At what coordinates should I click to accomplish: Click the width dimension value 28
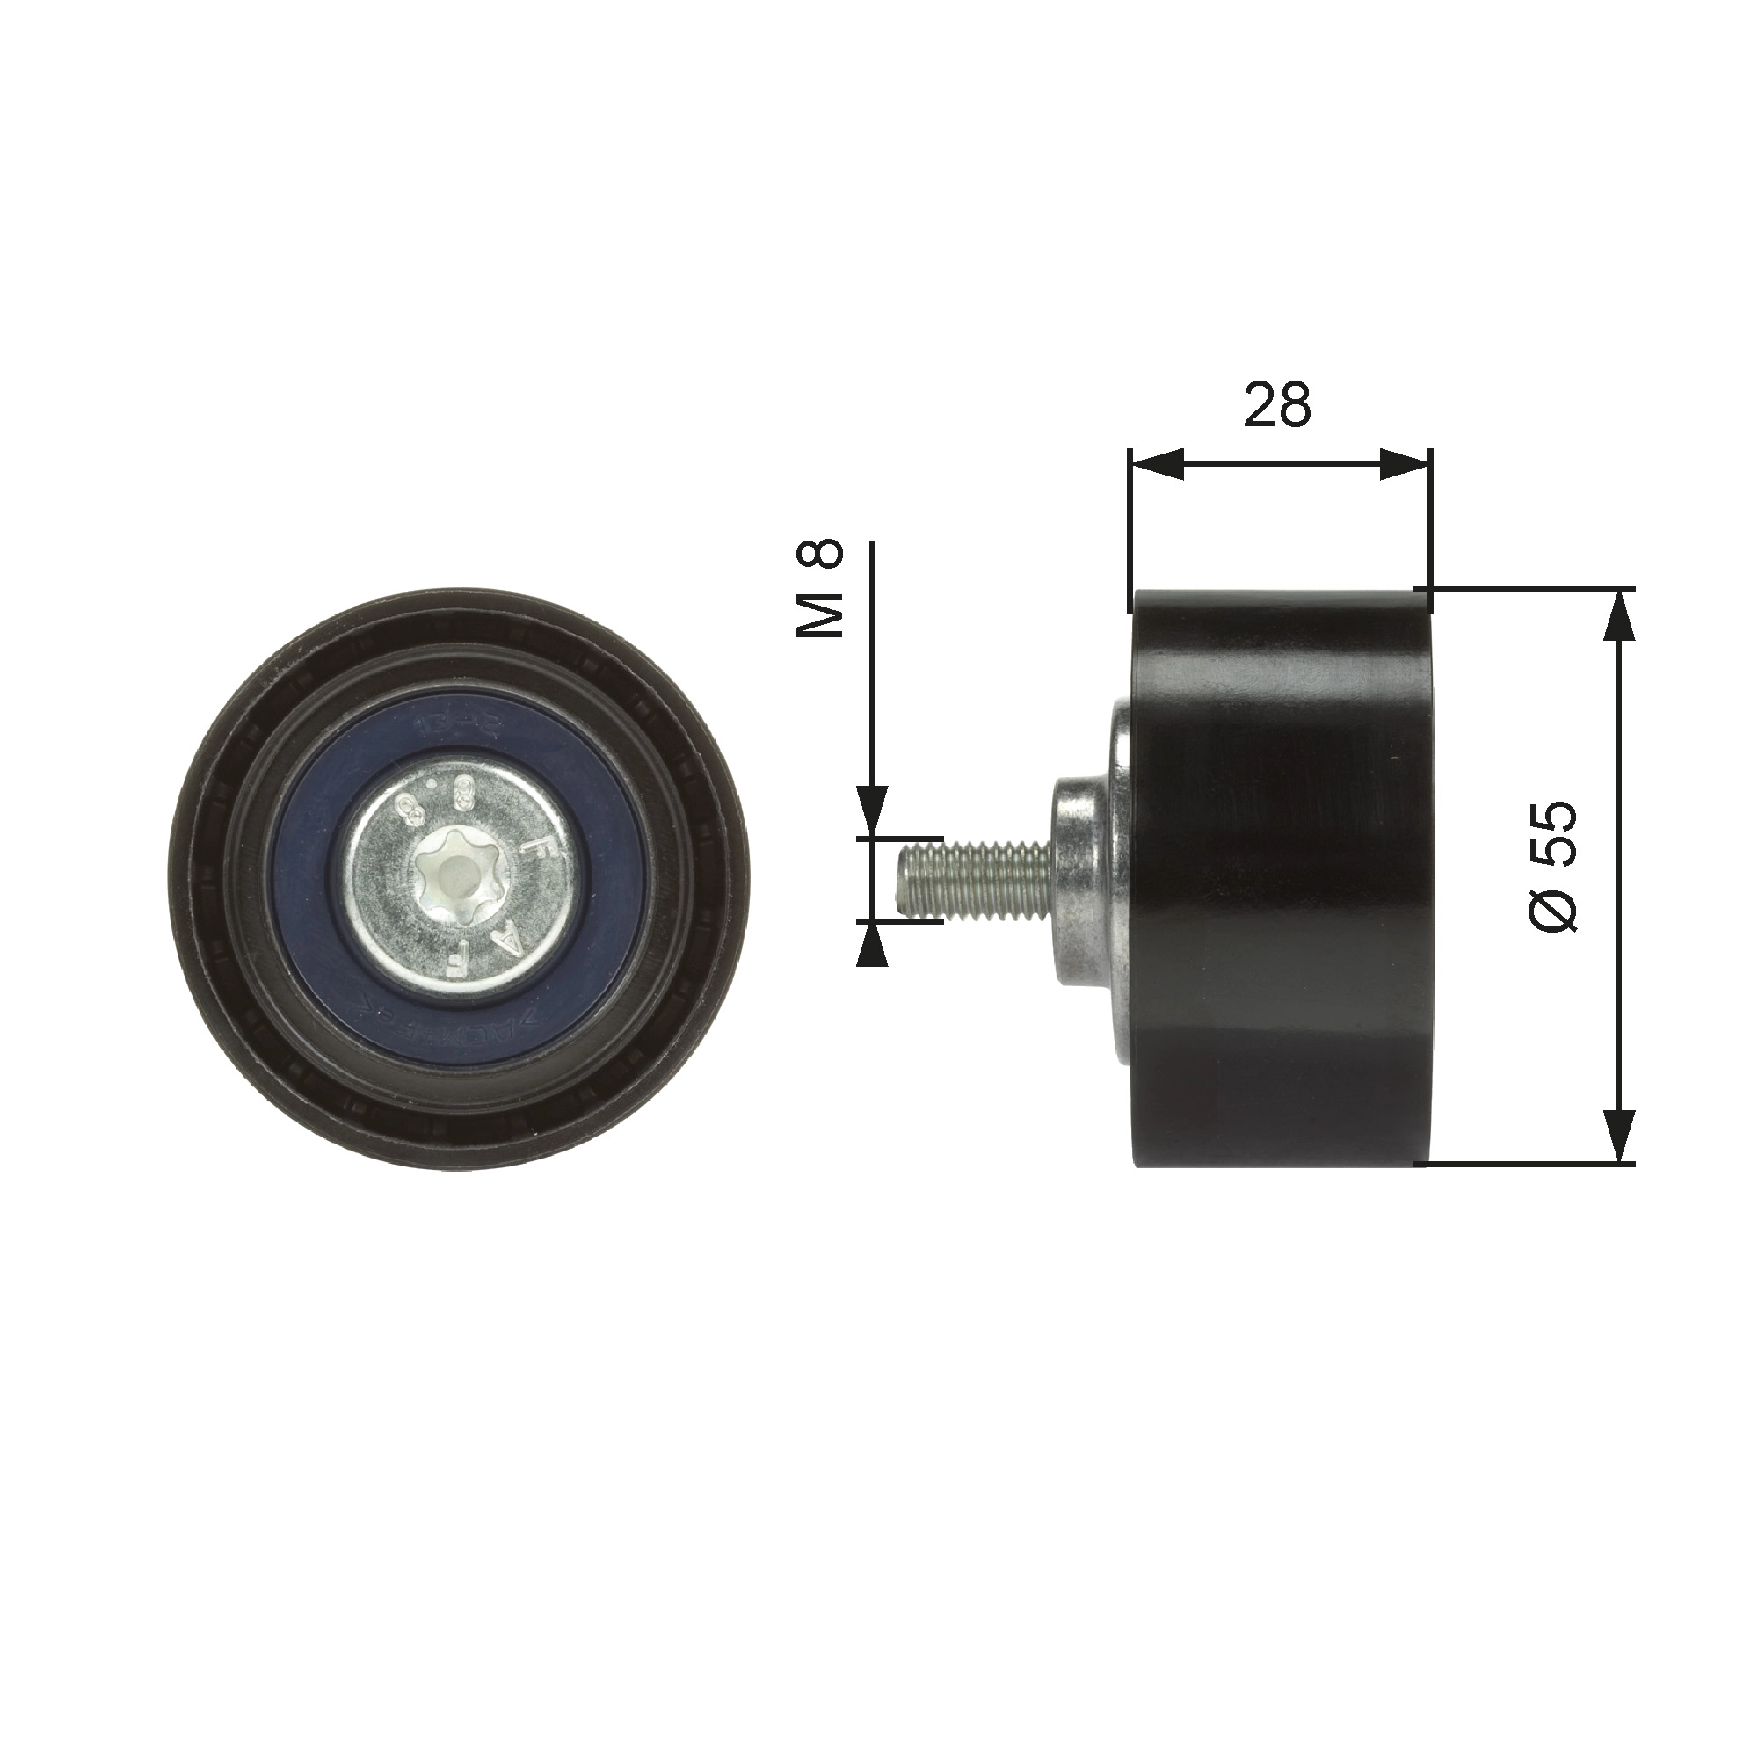pyautogui.click(x=1277, y=406)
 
